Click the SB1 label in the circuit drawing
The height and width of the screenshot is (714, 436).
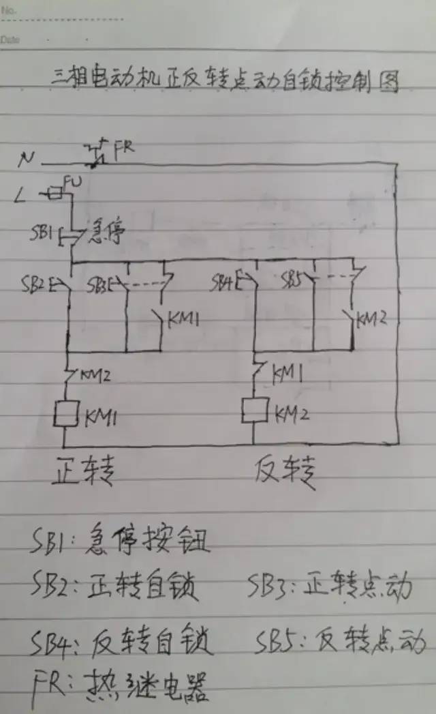tap(42, 233)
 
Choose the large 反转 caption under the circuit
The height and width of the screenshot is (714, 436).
tap(285, 471)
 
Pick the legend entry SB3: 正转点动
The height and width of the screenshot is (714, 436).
tap(330, 587)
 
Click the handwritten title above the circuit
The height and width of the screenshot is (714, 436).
tap(224, 81)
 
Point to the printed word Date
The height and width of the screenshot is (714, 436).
tap(10, 40)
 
